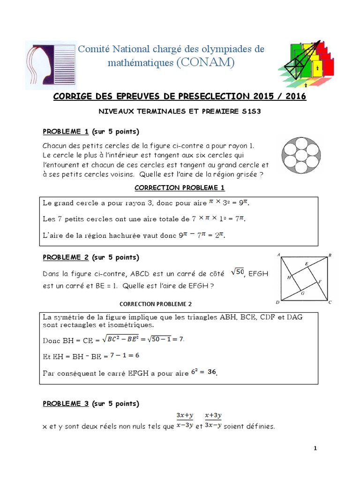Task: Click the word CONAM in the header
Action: [205, 62]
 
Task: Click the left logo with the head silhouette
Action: [50, 65]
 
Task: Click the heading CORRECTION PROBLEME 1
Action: [180, 188]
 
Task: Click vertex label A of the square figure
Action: [279, 255]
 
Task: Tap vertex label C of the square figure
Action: [330, 303]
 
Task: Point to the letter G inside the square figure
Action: [302, 293]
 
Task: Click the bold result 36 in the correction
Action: [212, 372]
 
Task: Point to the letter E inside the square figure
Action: [307, 264]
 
